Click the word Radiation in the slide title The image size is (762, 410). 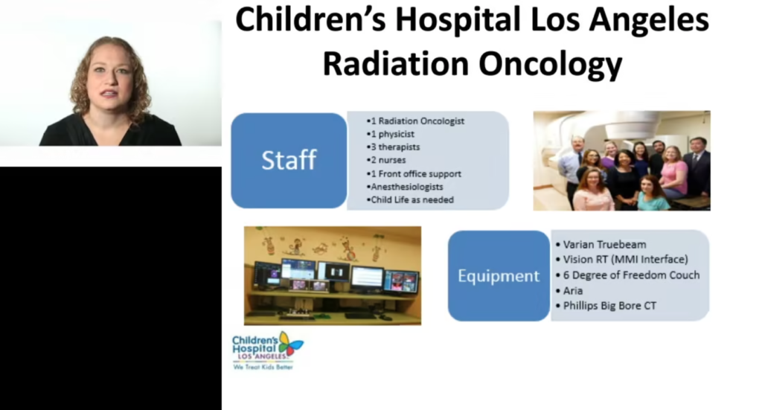pos(395,63)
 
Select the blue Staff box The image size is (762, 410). pos(289,161)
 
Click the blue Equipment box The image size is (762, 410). pos(499,276)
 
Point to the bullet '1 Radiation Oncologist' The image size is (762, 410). pos(415,121)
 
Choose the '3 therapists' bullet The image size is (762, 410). pos(393,147)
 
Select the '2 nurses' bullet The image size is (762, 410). pos(386,160)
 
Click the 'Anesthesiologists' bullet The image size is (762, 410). pos(405,187)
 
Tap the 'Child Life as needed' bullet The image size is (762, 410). pos(410,199)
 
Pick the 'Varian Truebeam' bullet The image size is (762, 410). pos(601,244)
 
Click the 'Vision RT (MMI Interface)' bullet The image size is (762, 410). pos(622,260)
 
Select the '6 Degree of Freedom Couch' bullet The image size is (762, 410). pos(628,275)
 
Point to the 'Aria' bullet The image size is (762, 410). pos(569,290)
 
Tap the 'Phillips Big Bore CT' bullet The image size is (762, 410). pos(606,306)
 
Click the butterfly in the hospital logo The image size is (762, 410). pos(290,345)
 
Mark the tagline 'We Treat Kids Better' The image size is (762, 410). pos(263,367)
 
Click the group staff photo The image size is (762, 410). pos(621,161)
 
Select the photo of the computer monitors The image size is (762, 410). pos(333,275)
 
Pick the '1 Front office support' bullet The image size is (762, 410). pos(414,173)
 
